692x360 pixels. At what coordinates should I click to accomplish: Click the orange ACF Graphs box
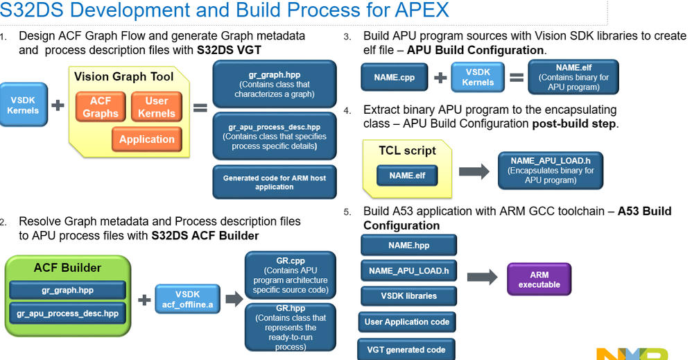101,107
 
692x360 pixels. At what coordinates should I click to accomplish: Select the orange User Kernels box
157,107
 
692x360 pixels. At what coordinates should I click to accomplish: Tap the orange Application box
147,139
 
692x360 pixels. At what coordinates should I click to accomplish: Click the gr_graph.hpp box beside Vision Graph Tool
275,84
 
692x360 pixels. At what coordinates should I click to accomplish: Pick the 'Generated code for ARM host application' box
275,182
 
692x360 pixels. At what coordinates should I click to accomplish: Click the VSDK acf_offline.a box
187,300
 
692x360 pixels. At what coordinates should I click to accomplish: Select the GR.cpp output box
291,275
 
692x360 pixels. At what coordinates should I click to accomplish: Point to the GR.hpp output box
291,327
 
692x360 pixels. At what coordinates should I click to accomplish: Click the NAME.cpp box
394,78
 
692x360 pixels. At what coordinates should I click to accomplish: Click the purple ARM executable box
539,280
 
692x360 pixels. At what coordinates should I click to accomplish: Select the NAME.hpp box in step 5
408,245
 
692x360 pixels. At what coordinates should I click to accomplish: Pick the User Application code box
407,322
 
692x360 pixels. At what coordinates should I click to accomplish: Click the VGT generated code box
406,350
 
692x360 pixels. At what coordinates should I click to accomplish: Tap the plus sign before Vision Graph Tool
58,106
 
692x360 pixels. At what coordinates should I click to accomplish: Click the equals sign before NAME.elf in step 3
517,78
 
